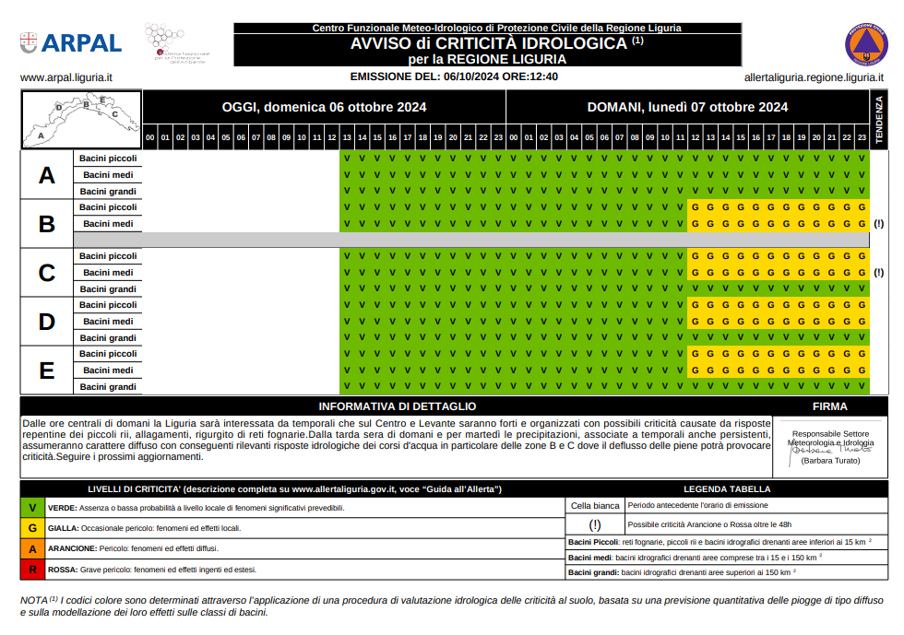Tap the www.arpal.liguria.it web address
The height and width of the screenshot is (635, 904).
point(65,77)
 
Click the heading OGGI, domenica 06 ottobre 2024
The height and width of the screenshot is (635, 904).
point(324,107)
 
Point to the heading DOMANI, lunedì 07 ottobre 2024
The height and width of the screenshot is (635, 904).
point(687,107)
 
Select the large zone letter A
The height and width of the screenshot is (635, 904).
point(47,175)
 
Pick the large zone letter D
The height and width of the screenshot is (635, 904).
point(47,322)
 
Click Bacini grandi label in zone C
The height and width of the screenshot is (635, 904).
point(108,289)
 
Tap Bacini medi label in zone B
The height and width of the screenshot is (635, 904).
point(108,224)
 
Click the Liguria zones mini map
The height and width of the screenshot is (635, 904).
point(80,119)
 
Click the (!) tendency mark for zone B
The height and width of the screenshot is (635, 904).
point(878,224)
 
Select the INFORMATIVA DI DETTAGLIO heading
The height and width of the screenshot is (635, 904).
point(397,406)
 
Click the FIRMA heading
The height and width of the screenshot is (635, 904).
point(829,406)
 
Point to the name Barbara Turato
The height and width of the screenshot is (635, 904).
point(830,460)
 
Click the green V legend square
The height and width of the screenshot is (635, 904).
point(32,508)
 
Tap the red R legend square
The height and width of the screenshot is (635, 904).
point(32,570)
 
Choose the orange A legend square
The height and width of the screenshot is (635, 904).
point(32,549)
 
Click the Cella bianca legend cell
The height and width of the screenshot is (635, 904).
point(595,505)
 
